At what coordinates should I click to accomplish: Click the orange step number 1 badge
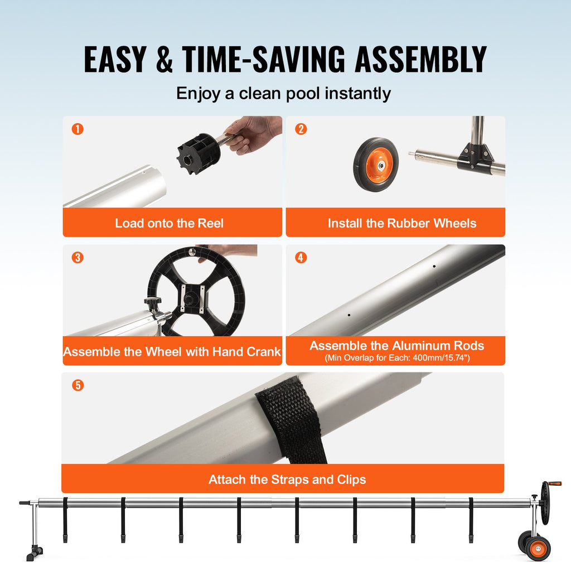78,129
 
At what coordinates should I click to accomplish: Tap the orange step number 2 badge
301,129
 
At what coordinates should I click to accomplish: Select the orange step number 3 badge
78,258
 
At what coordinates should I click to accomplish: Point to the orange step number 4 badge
301,258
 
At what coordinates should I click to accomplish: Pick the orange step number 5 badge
78,385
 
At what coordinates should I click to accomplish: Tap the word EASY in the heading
115,59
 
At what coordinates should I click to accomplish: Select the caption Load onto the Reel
169,223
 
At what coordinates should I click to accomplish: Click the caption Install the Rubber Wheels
402,223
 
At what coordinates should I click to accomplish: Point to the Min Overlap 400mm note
397,358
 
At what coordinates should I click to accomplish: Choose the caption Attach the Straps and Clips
287,479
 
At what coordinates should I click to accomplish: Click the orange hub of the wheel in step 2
380,166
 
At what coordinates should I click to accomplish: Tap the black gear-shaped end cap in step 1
199,153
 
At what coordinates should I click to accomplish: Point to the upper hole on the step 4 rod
434,266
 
